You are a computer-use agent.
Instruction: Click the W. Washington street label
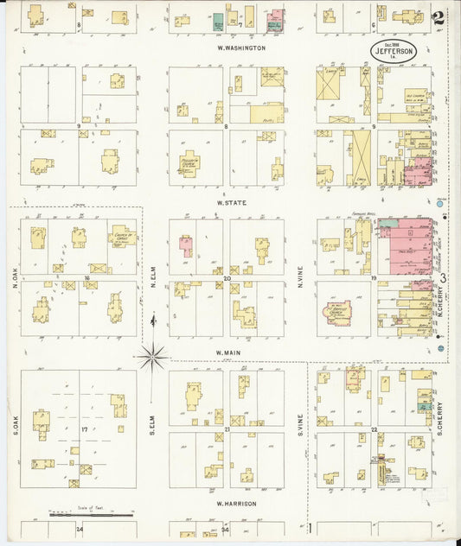click(241, 48)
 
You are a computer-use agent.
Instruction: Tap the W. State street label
click(231, 202)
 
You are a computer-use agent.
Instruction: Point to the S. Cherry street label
click(439, 417)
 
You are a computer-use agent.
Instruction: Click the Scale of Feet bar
click(91, 517)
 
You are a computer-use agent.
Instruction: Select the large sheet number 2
click(440, 16)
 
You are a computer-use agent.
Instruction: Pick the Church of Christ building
click(122, 236)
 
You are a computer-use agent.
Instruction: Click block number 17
click(84, 429)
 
